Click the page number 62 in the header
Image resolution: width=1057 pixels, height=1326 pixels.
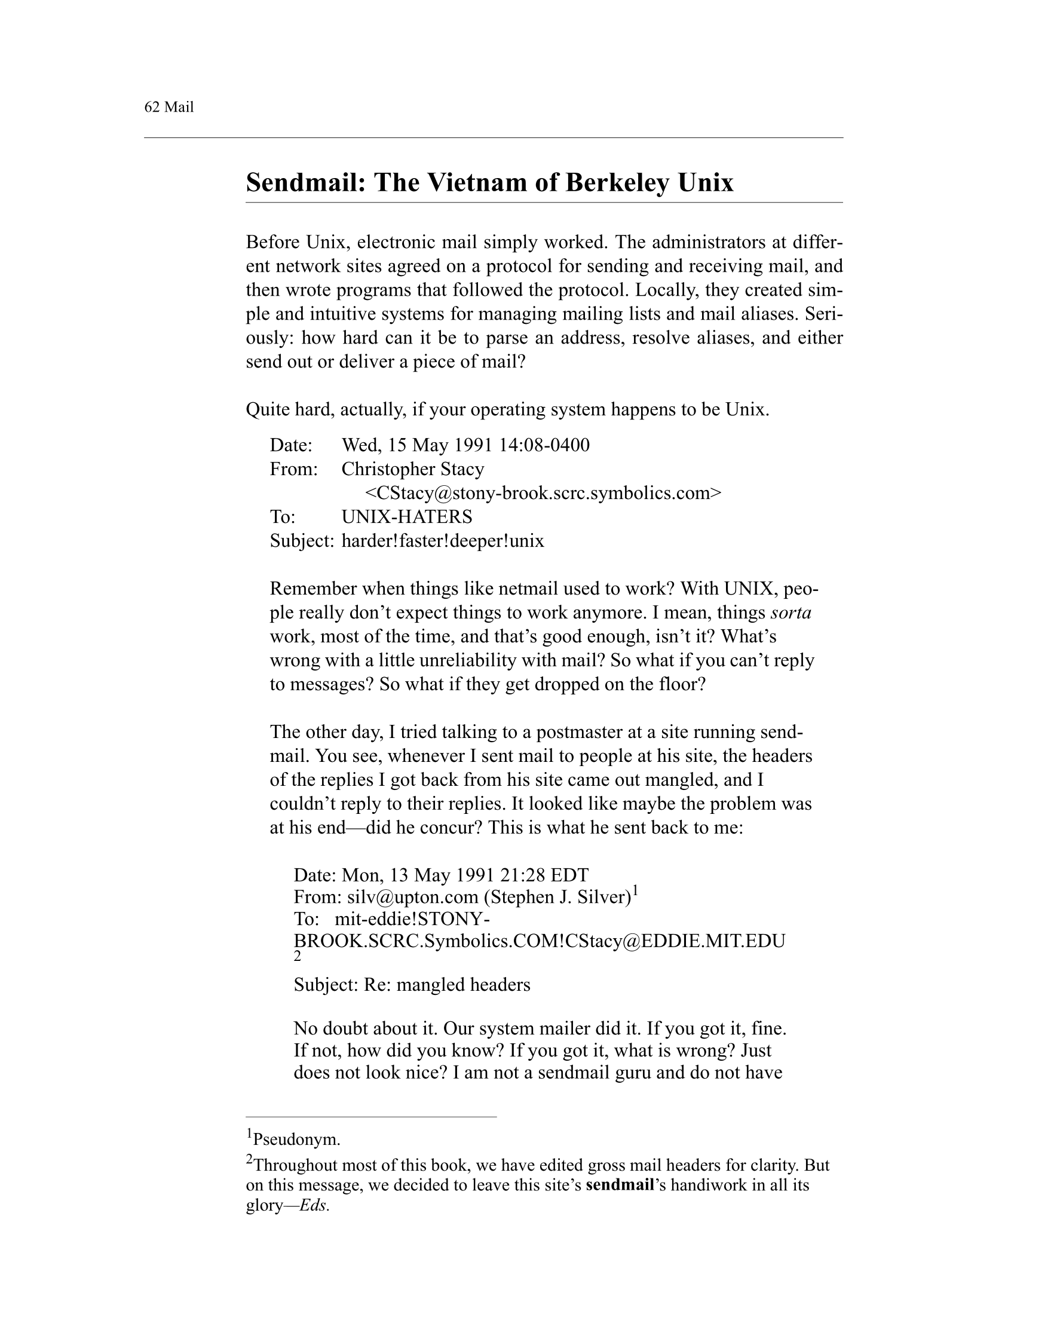[152, 107]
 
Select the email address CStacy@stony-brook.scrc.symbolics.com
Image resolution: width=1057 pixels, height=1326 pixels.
[543, 493]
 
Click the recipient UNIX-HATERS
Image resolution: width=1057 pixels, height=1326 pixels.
[407, 517]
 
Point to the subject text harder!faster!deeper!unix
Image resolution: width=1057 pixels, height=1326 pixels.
[443, 541]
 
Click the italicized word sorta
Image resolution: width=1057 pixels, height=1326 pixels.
[791, 613]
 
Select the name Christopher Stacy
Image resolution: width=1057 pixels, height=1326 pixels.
[413, 469]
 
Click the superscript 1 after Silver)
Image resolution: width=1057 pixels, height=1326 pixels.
[635, 890]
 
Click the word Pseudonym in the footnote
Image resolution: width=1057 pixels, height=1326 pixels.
[297, 1140]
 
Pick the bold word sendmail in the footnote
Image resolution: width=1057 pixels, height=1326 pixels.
[619, 1184]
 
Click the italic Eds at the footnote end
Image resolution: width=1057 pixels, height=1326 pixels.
[314, 1205]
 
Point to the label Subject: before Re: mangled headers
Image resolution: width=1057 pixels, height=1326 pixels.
[325, 985]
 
